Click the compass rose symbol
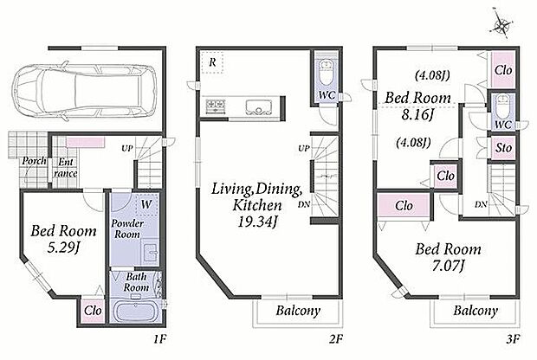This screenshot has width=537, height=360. (x=502, y=24)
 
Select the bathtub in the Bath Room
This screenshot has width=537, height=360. (x=135, y=311)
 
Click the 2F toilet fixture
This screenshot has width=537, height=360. (x=327, y=73)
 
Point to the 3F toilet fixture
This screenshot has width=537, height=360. (x=503, y=106)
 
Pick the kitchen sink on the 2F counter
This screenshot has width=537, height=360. (x=259, y=106)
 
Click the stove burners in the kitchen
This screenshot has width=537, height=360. (x=216, y=105)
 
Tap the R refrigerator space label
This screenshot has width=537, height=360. (x=212, y=62)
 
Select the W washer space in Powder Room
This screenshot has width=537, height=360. (x=146, y=204)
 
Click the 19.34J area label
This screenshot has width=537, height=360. (x=257, y=222)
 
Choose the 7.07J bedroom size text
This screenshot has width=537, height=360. (x=448, y=265)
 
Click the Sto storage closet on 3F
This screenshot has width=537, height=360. (x=503, y=148)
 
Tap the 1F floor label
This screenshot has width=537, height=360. (x=159, y=339)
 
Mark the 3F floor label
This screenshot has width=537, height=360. (x=513, y=339)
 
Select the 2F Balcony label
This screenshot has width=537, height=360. (x=298, y=311)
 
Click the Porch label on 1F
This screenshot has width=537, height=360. (x=34, y=161)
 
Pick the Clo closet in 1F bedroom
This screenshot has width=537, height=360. (x=93, y=311)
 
